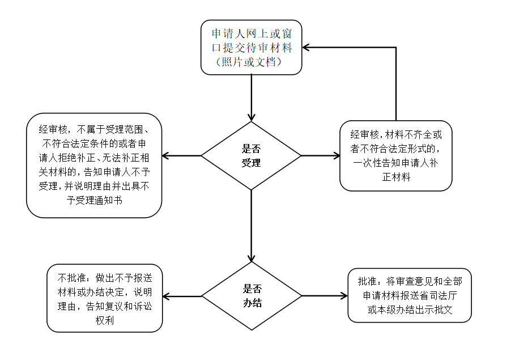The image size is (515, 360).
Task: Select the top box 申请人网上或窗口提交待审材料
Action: pos(251,48)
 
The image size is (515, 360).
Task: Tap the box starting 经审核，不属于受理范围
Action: pos(94,166)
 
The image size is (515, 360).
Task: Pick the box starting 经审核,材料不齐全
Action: pos(396,156)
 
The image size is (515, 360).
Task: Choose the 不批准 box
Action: pos(105,298)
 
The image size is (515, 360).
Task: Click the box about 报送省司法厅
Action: pos(410,295)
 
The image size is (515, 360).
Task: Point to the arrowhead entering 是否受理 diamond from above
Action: pos(251,117)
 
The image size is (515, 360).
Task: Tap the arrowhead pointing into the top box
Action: pos(306,48)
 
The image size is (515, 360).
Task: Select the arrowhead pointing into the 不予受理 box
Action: pos(166,155)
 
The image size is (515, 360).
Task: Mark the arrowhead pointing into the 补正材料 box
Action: pos(336,155)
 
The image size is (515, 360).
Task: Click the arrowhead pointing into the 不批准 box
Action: pos(167,297)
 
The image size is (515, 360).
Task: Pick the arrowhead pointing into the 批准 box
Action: pos(344,296)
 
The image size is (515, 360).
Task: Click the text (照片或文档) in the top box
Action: pos(249,62)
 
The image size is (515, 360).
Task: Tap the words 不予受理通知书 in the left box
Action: pos(95,200)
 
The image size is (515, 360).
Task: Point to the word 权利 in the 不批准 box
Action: pos(105,320)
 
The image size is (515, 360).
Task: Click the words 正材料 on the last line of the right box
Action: pos(397,177)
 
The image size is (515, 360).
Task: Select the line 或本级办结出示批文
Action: pos(410,310)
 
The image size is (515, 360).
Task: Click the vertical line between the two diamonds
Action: pos(251,226)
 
